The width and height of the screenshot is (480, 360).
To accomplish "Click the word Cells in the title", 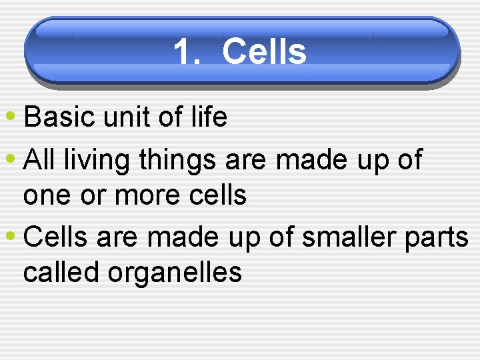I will pos(264,52).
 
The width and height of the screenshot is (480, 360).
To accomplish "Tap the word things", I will pos(178,160).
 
